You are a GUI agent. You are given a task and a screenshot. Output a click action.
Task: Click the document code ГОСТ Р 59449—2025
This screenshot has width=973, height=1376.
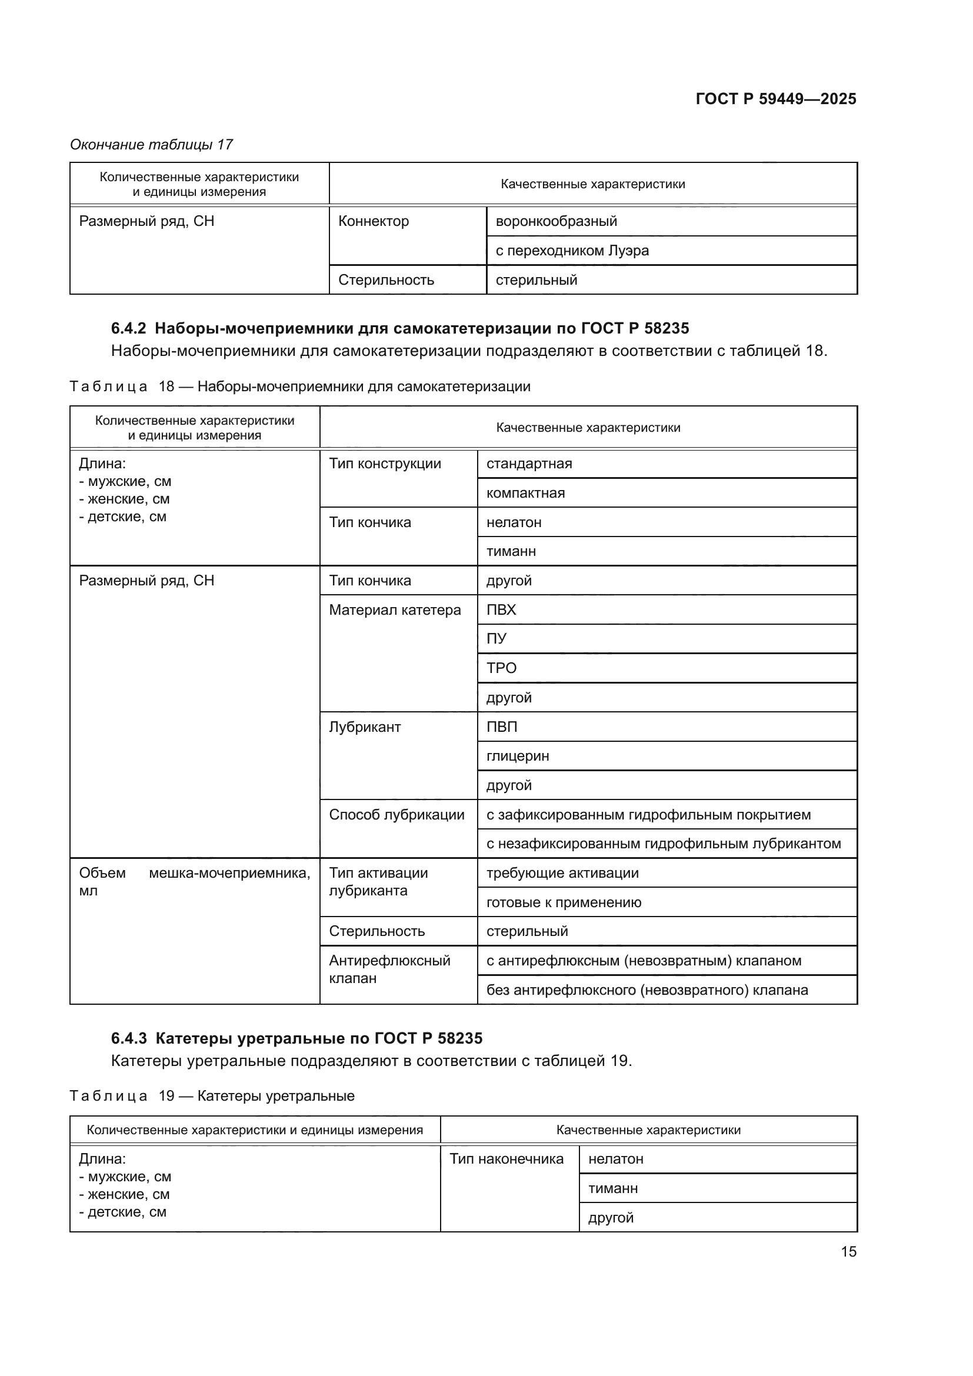coord(775,99)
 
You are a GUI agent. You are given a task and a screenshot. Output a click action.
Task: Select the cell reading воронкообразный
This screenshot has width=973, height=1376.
coord(556,221)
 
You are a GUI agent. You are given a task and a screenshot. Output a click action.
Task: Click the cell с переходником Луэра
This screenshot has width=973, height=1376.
coord(572,251)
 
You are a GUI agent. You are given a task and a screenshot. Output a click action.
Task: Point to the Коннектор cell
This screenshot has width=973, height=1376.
coord(374,221)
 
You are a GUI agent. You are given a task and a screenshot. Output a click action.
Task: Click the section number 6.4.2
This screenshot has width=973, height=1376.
coord(128,328)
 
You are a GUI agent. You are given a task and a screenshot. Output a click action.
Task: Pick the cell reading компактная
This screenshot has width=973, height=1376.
coord(525,492)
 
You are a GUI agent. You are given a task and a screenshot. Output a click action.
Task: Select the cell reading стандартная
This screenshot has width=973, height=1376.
coord(529,463)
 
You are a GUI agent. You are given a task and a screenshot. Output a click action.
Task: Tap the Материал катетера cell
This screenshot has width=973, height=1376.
coord(395,609)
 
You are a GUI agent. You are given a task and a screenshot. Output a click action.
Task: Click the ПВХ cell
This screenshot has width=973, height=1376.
coord(501,609)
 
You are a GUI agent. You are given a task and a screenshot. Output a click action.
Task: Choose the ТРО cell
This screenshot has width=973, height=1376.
coord(501,668)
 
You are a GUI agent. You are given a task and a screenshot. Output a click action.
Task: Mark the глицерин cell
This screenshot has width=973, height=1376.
coord(518,756)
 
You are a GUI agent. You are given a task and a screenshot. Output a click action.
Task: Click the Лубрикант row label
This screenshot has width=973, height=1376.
coord(364,727)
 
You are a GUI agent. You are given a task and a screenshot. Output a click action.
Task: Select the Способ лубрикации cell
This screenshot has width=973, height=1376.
coord(396,814)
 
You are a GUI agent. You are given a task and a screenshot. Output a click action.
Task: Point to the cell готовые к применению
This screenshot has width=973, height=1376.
coord(563,902)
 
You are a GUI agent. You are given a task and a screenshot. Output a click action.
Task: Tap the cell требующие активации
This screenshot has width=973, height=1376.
coord(562,872)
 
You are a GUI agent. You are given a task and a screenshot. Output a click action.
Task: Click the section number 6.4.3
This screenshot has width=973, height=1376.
coord(128,1038)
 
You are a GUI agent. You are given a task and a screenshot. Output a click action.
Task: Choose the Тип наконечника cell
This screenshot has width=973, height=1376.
coord(507,1158)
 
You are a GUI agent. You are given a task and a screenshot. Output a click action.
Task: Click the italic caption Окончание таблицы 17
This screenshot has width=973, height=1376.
coord(151,145)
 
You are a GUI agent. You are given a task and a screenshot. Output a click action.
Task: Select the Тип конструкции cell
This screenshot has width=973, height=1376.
coord(385,463)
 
